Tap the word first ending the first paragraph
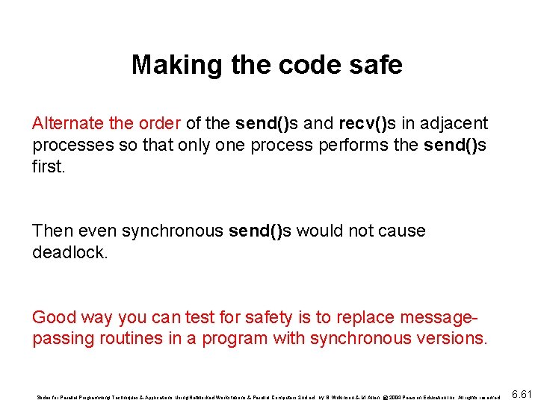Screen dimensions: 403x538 (x=49, y=166)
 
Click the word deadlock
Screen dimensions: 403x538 (x=69, y=252)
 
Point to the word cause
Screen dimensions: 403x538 (x=403, y=231)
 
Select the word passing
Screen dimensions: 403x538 (x=63, y=339)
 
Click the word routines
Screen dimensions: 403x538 (x=133, y=339)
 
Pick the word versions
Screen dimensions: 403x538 (x=454, y=339)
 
